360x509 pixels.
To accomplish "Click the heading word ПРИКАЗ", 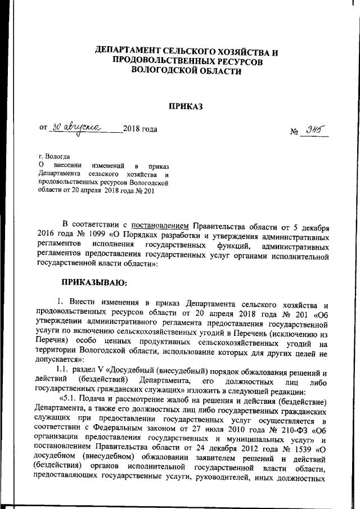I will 186,106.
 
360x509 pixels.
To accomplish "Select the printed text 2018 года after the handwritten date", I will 140,129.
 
